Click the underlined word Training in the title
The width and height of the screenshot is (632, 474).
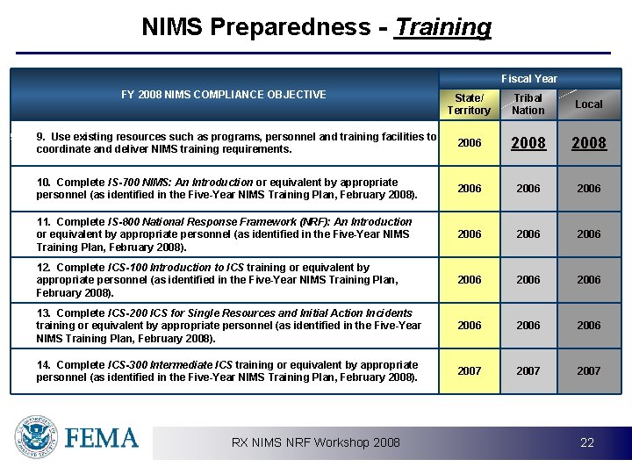point(443,27)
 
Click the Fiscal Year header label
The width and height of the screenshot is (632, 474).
point(528,79)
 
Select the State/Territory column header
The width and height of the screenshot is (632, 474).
point(469,104)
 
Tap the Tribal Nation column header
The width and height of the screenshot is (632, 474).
point(528,104)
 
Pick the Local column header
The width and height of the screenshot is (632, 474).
point(588,104)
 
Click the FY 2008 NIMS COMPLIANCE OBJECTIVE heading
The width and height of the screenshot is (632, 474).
point(223,95)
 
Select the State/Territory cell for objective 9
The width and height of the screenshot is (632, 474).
point(470,143)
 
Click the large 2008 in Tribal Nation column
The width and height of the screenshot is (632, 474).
point(528,143)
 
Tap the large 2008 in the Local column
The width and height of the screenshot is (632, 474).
point(588,143)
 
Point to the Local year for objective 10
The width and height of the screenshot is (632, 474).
point(588,189)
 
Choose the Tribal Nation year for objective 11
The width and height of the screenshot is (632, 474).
point(528,234)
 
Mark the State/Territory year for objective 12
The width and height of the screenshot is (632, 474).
point(470,280)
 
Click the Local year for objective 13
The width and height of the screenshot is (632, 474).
point(588,326)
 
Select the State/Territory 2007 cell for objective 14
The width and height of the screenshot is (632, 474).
point(470,371)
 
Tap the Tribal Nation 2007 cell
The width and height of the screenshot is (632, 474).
point(528,371)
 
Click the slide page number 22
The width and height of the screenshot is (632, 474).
point(587,443)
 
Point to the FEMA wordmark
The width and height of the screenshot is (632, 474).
point(102,438)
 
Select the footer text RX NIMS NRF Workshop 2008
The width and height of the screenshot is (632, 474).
point(315,442)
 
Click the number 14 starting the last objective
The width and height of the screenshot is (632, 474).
point(42,365)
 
